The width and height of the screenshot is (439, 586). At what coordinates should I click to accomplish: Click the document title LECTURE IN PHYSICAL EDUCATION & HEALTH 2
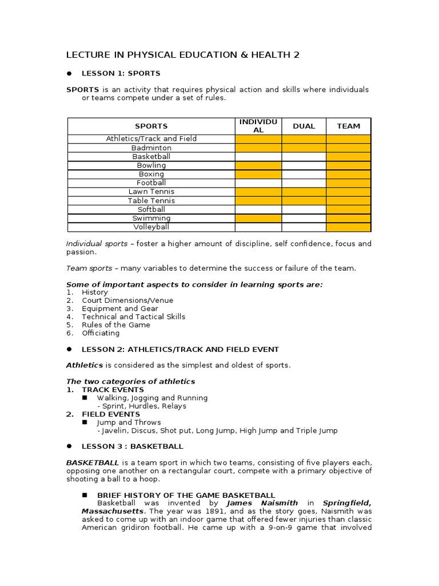182,55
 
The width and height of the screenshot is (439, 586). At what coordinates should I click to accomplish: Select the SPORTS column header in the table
151,126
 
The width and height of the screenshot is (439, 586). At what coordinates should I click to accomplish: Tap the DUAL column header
304,126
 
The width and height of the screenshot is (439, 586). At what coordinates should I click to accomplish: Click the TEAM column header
348,126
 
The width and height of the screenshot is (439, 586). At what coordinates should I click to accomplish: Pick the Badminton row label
151,148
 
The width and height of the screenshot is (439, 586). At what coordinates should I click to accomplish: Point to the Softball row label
151,209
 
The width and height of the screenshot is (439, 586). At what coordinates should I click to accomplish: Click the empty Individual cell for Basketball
258,156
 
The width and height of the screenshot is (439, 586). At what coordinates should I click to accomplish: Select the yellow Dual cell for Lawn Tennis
304,192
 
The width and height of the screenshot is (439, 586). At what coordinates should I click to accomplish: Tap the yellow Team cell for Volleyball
348,227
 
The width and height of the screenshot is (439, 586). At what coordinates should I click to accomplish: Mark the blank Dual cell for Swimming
304,218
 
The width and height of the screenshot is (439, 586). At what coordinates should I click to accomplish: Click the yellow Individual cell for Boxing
258,174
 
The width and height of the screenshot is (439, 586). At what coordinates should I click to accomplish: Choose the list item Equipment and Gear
120,308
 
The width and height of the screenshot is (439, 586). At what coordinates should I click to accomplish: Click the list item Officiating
101,333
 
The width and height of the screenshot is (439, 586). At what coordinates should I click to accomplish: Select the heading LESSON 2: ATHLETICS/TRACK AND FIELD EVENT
180,349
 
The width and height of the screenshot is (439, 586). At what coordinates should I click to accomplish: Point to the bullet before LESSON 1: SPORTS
69,73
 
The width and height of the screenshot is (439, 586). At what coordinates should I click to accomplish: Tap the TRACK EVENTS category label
113,390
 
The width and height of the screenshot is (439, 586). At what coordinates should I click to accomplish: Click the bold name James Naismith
262,503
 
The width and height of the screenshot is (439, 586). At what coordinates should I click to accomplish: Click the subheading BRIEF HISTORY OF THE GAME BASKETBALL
186,495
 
